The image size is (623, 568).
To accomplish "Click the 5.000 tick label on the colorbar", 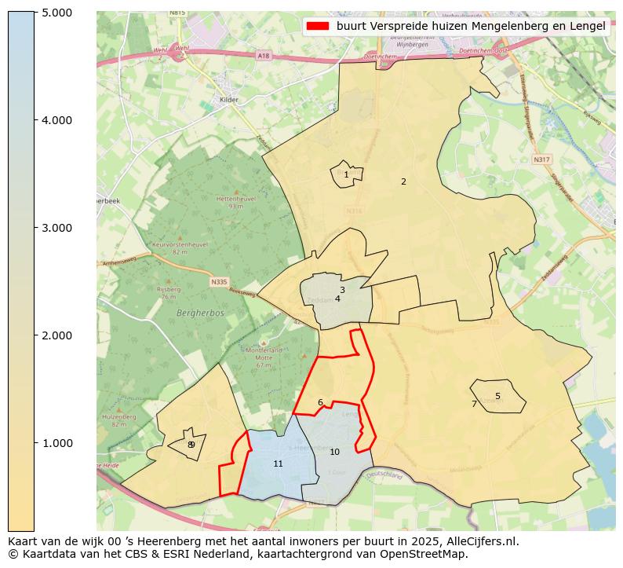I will [x=56, y=13].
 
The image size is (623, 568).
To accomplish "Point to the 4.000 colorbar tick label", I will [x=56, y=120].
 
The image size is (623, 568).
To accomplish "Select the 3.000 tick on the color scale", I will [x=56, y=228].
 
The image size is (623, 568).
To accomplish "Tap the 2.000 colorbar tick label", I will [x=56, y=335].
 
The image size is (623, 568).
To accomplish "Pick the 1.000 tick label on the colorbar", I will [x=56, y=443].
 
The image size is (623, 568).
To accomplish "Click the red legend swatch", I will [x=318, y=26].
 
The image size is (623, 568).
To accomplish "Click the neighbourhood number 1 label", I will [x=346, y=175].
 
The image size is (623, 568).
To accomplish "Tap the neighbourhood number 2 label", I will [x=403, y=181].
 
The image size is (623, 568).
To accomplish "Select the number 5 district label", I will [x=497, y=396].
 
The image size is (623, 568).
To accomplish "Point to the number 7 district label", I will [x=474, y=404].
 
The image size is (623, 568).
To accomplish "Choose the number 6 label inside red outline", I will [x=320, y=402].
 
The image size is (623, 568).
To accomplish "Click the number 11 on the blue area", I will [x=278, y=464].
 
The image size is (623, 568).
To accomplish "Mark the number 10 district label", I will [x=334, y=452].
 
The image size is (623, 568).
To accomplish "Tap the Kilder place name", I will [x=228, y=100].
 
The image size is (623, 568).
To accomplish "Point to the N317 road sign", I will [x=541, y=159].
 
